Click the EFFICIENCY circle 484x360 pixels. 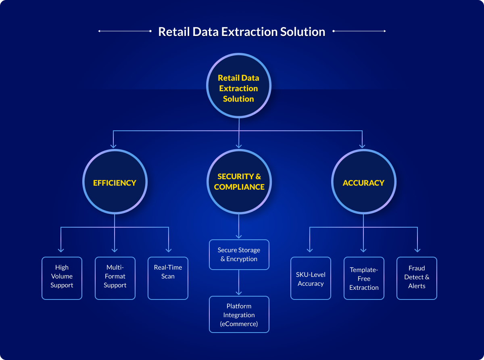pos(115,182)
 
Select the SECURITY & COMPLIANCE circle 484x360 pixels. pos(239,182)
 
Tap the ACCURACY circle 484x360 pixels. pos(363,182)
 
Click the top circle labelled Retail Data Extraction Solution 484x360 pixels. pos(239,88)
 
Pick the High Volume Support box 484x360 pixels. pos(62,278)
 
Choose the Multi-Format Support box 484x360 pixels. pos(115,278)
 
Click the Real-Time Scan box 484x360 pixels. pos(168,278)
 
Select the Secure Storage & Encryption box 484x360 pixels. pos(239,255)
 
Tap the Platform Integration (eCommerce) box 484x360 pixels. pos(239,314)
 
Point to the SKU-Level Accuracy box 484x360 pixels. pos(311,278)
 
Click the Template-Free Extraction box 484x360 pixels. pos(364,278)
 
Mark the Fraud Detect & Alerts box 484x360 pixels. pos(417,278)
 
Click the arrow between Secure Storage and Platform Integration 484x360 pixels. pos(239,283)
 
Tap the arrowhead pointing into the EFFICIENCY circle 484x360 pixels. pos(113,145)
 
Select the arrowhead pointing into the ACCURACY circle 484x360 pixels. pos(362,145)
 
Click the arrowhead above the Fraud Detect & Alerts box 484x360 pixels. pos(417,250)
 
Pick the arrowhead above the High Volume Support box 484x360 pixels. pos(61,250)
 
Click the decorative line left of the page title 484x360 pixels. pos(125,31)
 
